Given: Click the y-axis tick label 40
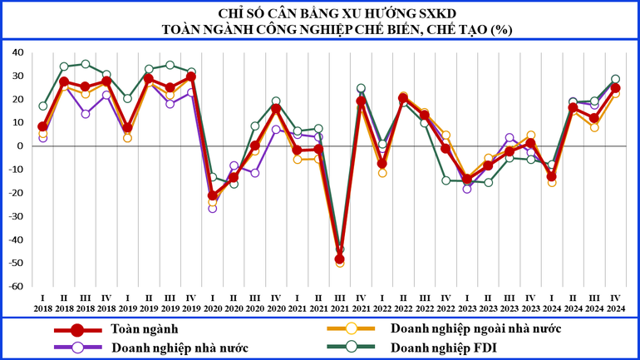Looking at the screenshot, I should coord(17,52).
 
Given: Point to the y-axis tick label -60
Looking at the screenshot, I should coord(14,286).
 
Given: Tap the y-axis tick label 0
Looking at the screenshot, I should coord(20,145).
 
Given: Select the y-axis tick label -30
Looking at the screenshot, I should coord(14,216).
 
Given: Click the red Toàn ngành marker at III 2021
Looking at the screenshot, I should coord(340,259).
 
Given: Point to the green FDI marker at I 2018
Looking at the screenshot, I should coord(42,106).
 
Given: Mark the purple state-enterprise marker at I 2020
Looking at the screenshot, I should coord(213,208).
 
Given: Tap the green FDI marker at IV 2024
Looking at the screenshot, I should coord(616,79).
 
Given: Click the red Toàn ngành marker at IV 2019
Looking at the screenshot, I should coord(191,76).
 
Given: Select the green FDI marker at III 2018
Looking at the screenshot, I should coord(85,64).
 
